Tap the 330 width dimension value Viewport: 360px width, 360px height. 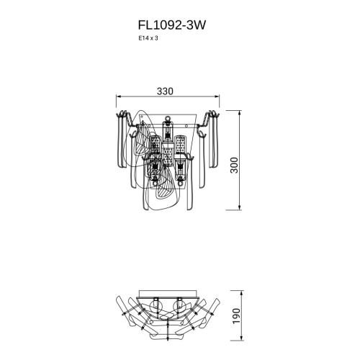(166, 91)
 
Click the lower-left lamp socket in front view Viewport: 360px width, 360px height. (154, 167)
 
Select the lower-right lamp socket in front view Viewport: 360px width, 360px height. (179, 167)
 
